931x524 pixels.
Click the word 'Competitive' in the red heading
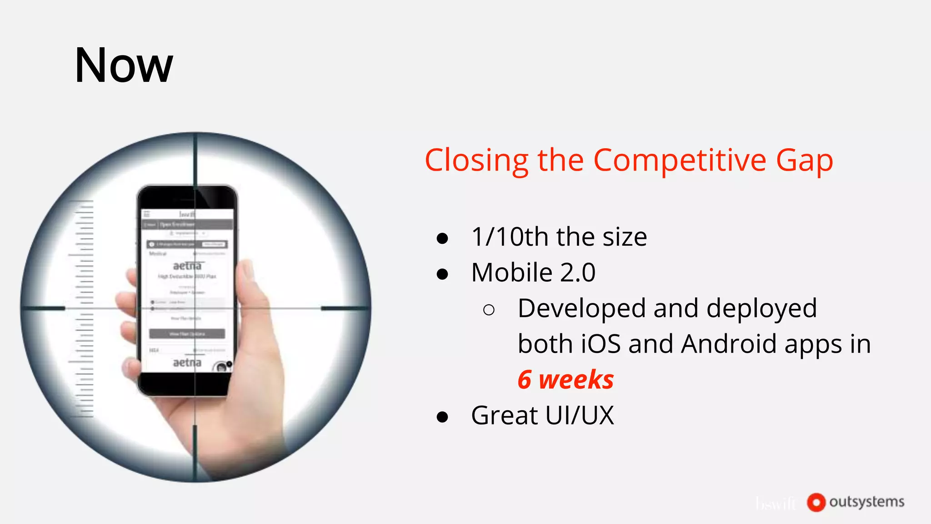click(680, 161)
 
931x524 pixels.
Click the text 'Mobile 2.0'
click(533, 272)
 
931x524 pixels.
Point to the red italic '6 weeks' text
click(566, 380)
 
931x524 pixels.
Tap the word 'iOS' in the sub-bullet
click(601, 344)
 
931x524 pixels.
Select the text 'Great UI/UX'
click(542, 415)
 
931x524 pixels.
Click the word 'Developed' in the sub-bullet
click(581, 308)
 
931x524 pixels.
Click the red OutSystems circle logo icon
click(816, 502)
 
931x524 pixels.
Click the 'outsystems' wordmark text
click(866, 502)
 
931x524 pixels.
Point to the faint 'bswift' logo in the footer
click(776, 503)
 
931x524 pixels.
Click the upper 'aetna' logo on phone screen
click(187, 266)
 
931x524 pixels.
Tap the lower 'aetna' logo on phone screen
click(187, 363)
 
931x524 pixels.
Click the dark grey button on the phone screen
click(187, 334)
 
